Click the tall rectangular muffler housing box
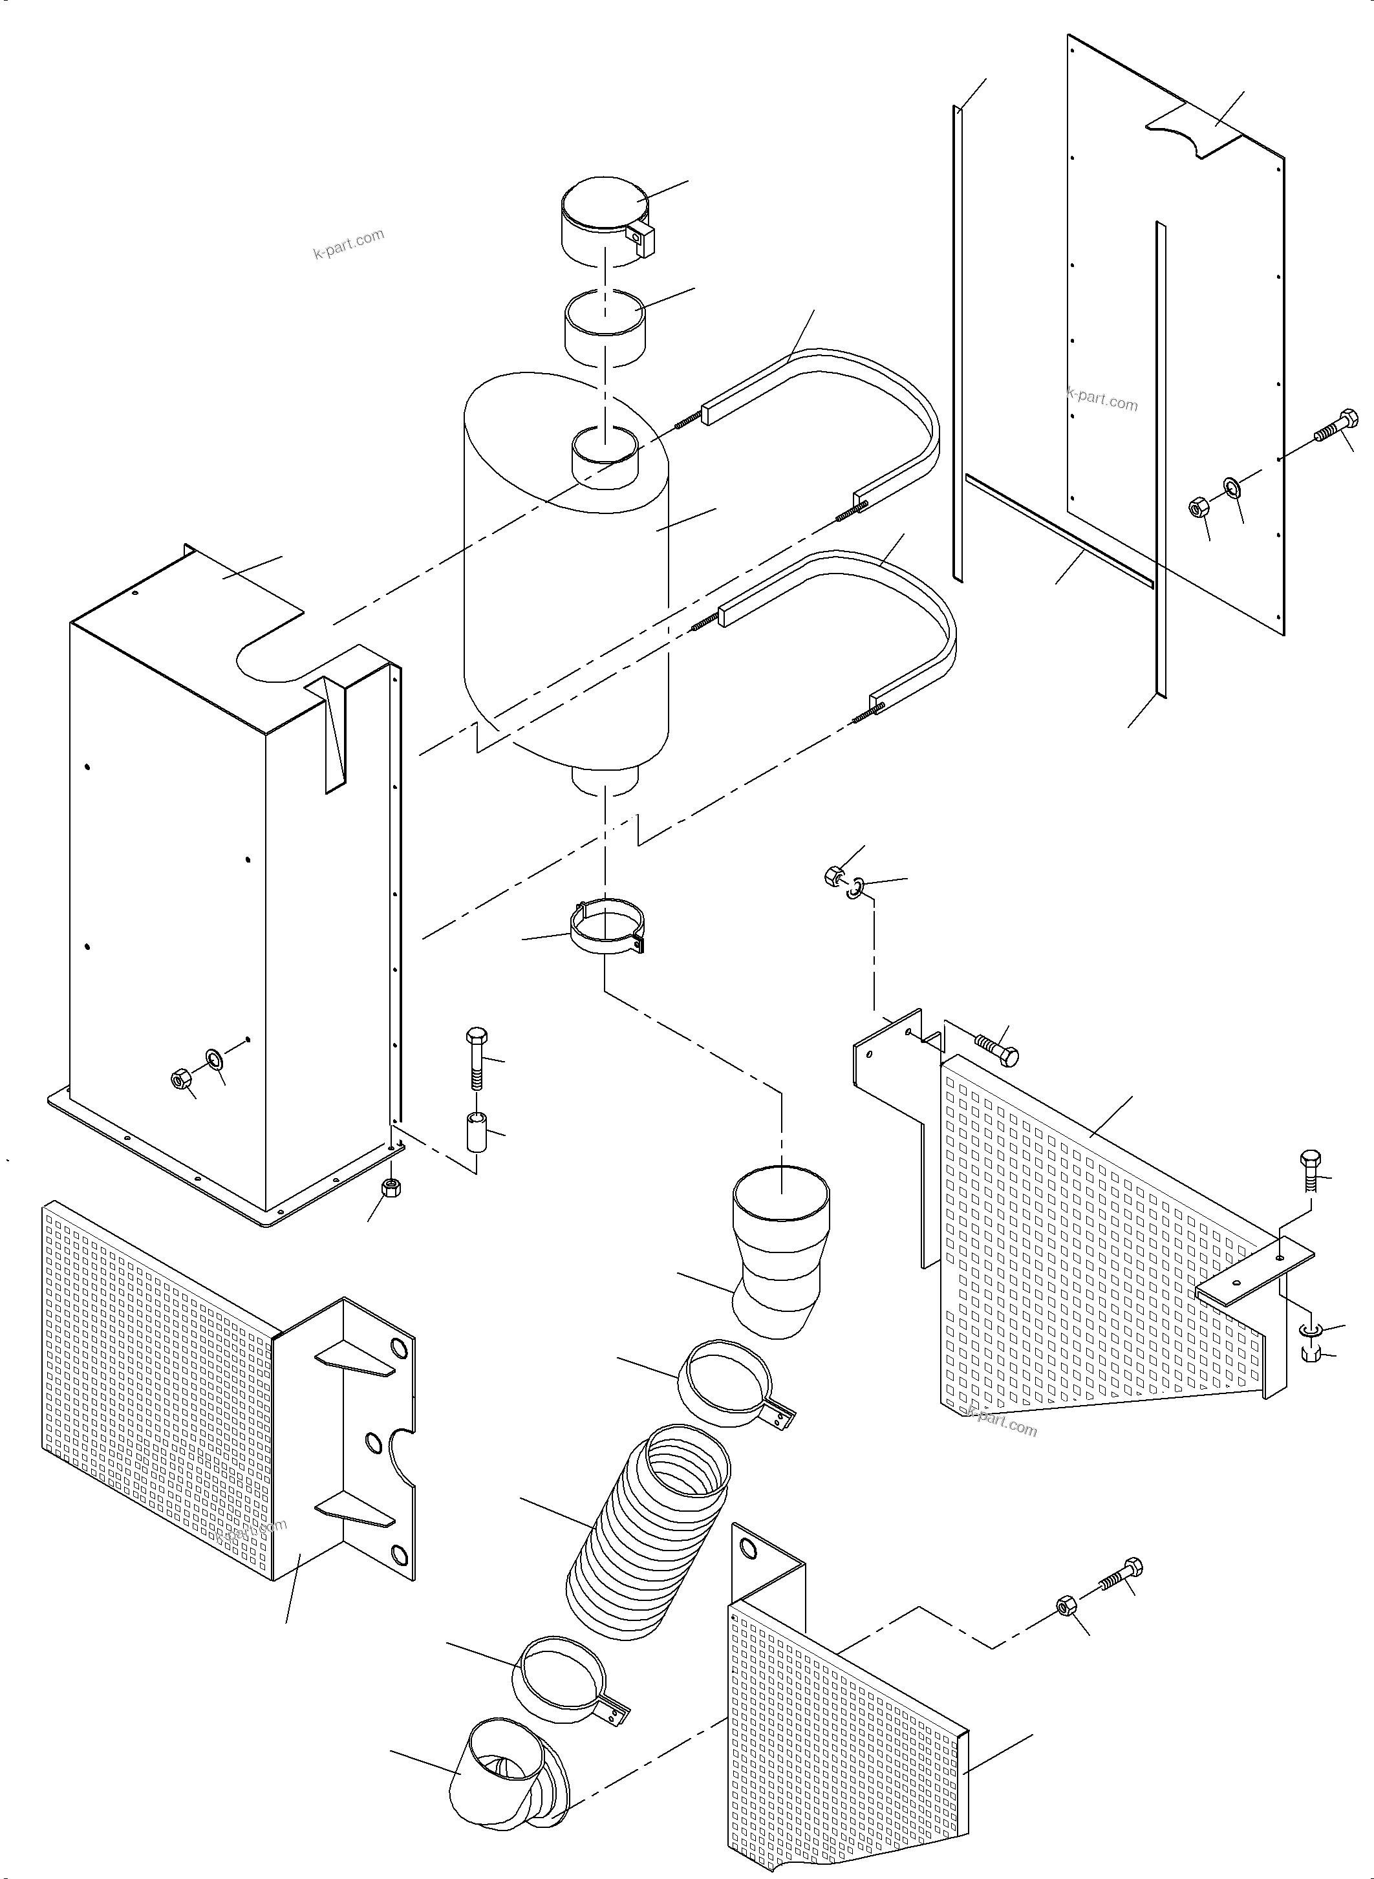tap(224, 915)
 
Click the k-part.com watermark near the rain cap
tap(349, 244)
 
